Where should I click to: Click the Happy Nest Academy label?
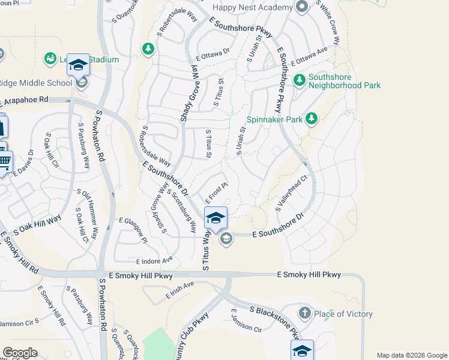click(x=253, y=8)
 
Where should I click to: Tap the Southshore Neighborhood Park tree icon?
click(x=299, y=80)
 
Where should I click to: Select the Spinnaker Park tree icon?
click(x=311, y=119)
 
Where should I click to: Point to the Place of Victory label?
click(x=344, y=314)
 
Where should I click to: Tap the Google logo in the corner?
click(x=20, y=353)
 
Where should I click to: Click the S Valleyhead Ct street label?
click(x=292, y=193)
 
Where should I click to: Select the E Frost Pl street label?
click(x=217, y=193)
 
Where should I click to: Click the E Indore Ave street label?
click(x=154, y=260)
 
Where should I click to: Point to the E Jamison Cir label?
click(x=246, y=325)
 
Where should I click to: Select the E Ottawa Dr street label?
click(x=212, y=54)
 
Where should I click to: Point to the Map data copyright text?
click(x=412, y=355)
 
